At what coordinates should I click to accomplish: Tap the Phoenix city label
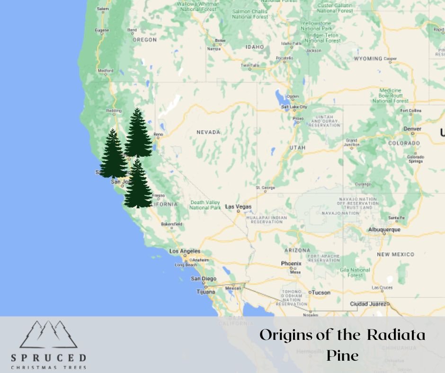291,263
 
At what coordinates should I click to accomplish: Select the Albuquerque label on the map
384,230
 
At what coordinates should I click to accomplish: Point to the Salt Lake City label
294,107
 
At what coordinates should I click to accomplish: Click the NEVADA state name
208,132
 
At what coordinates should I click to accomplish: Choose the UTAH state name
297,147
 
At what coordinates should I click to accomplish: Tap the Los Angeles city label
185,251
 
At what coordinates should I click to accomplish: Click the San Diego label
204,279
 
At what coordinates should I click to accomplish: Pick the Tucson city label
321,293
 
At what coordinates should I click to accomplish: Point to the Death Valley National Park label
205,205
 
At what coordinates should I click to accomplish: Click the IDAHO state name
255,47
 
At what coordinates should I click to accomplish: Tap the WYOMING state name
368,59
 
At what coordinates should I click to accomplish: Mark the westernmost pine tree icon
113,154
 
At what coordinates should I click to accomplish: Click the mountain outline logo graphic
49,334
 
